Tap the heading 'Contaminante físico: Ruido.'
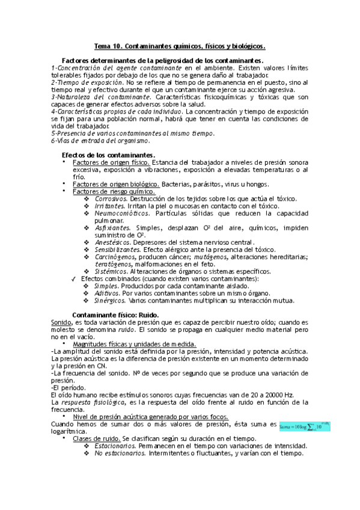[x=115, y=315]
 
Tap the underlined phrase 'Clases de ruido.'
[x=96, y=438]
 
